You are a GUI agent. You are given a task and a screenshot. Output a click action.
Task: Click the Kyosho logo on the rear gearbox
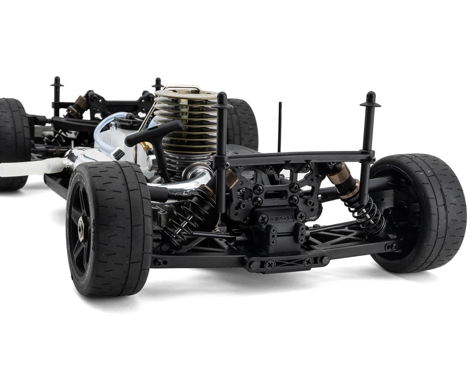(281, 219)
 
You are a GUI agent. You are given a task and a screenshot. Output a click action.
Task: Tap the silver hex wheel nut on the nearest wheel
(81, 228)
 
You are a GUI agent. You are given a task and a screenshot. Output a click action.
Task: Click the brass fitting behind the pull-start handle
(147, 147)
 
